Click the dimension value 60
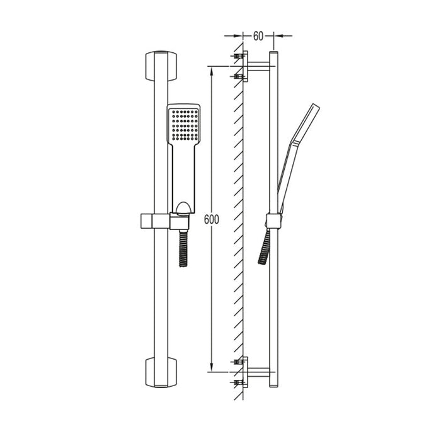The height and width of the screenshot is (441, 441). (x=258, y=36)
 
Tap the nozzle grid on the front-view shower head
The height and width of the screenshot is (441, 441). (x=183, y=124)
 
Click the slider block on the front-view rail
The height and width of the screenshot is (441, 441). (x=151, y=220)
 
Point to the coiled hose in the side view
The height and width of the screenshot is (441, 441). (x=264, y=246)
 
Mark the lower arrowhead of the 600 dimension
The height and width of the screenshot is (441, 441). (x=212, y=366)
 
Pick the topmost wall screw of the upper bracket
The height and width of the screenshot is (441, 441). (x=238, y=57)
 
